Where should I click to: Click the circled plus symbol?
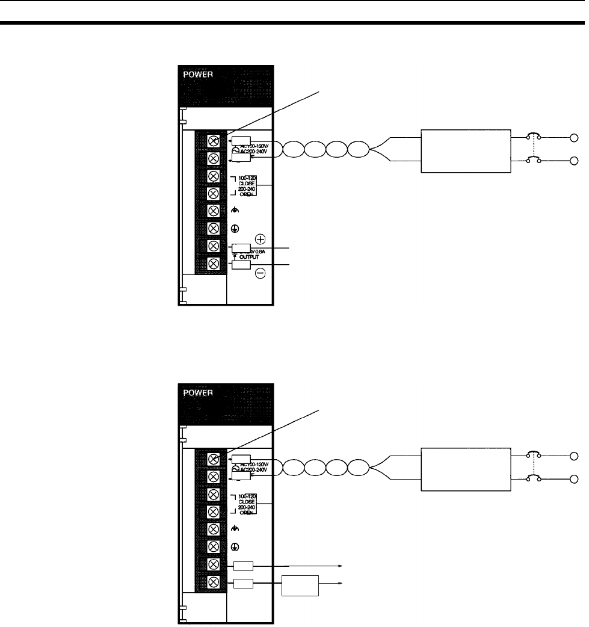coord(261,239)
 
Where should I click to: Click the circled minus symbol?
coord(261,273)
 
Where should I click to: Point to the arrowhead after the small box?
coord(342,583)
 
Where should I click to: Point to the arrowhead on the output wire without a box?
coord(342,566)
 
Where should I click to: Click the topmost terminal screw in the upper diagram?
coord(214,141)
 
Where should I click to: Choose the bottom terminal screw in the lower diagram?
coord(214,582)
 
